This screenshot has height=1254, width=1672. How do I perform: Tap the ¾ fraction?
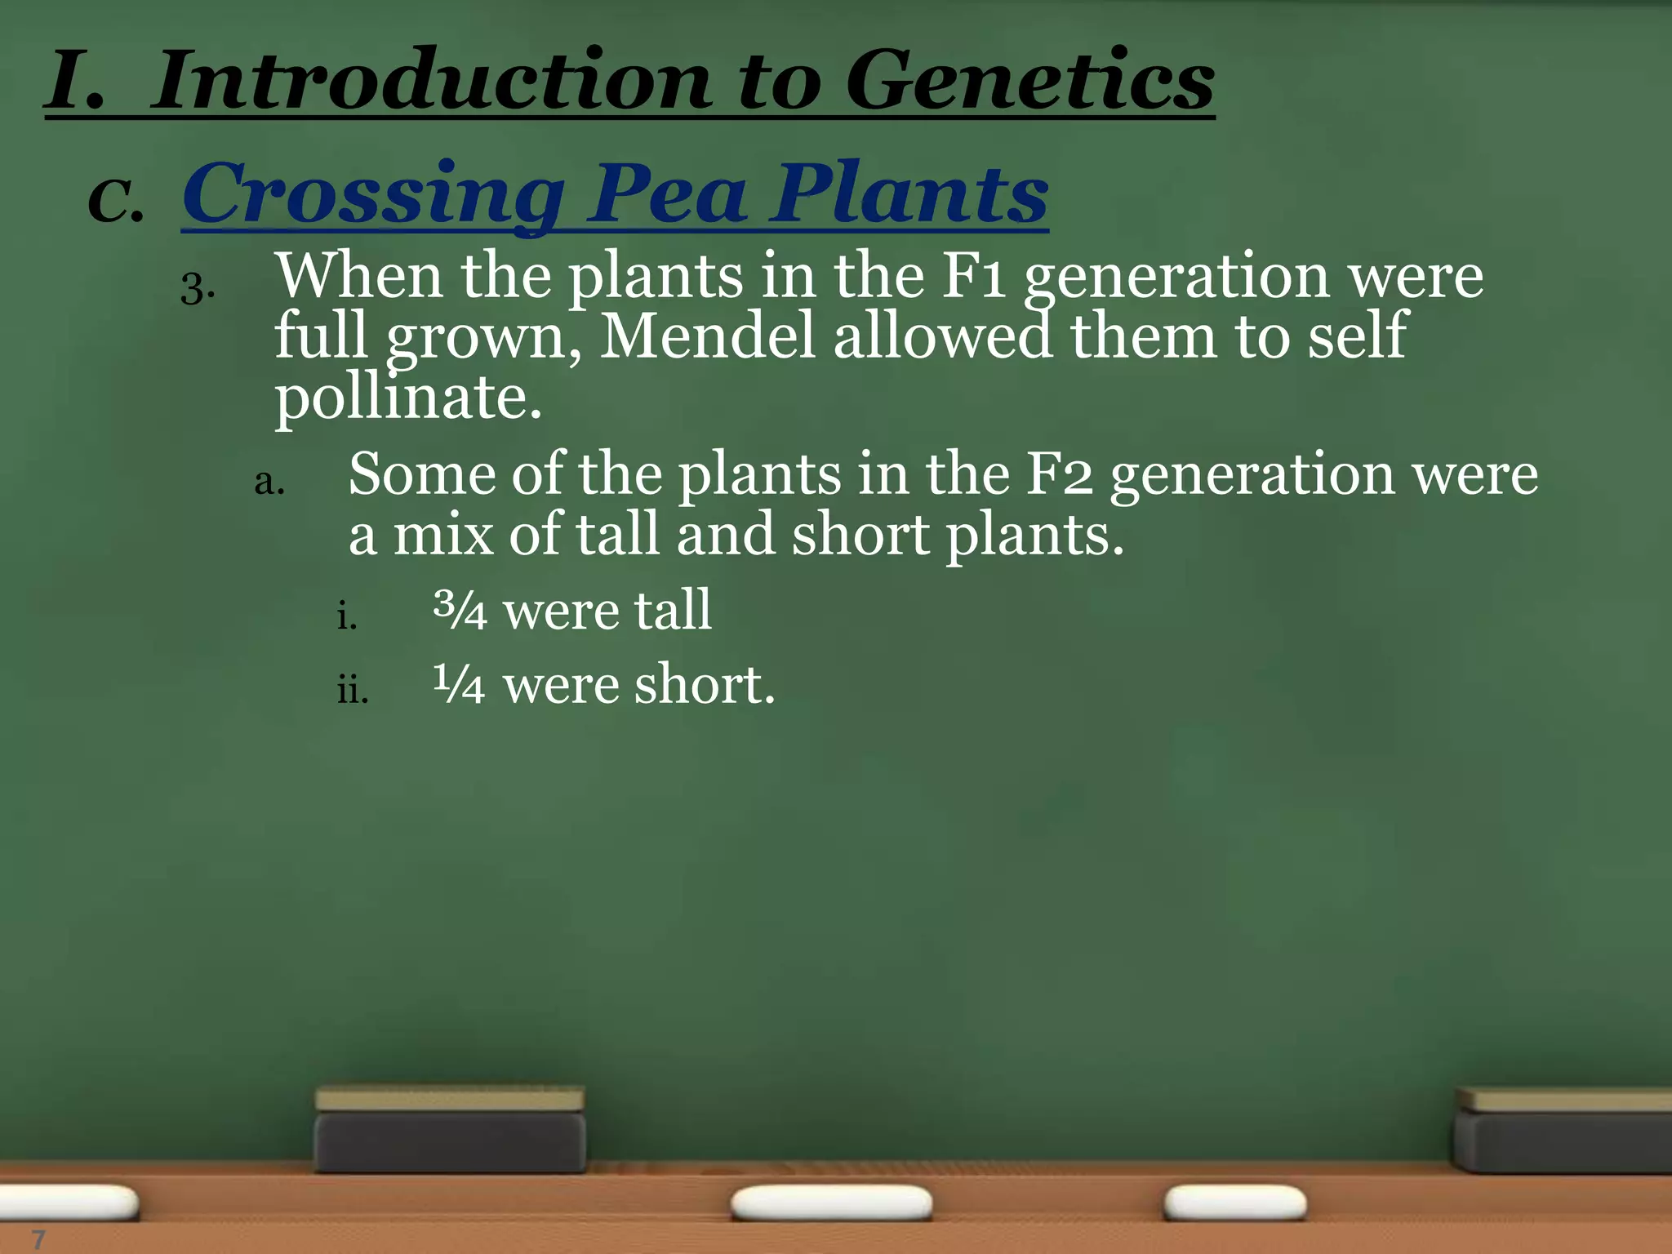460,611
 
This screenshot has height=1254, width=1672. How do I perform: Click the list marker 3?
197,288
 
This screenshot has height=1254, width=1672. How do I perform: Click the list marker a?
269,482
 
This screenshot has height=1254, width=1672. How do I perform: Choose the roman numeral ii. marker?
353,691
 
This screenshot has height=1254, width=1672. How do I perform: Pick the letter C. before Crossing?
115,200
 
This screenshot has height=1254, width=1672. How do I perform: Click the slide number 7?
38,1238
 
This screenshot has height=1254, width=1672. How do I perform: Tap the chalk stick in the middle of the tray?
831,1203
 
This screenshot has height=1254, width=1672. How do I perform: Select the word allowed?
942,336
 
